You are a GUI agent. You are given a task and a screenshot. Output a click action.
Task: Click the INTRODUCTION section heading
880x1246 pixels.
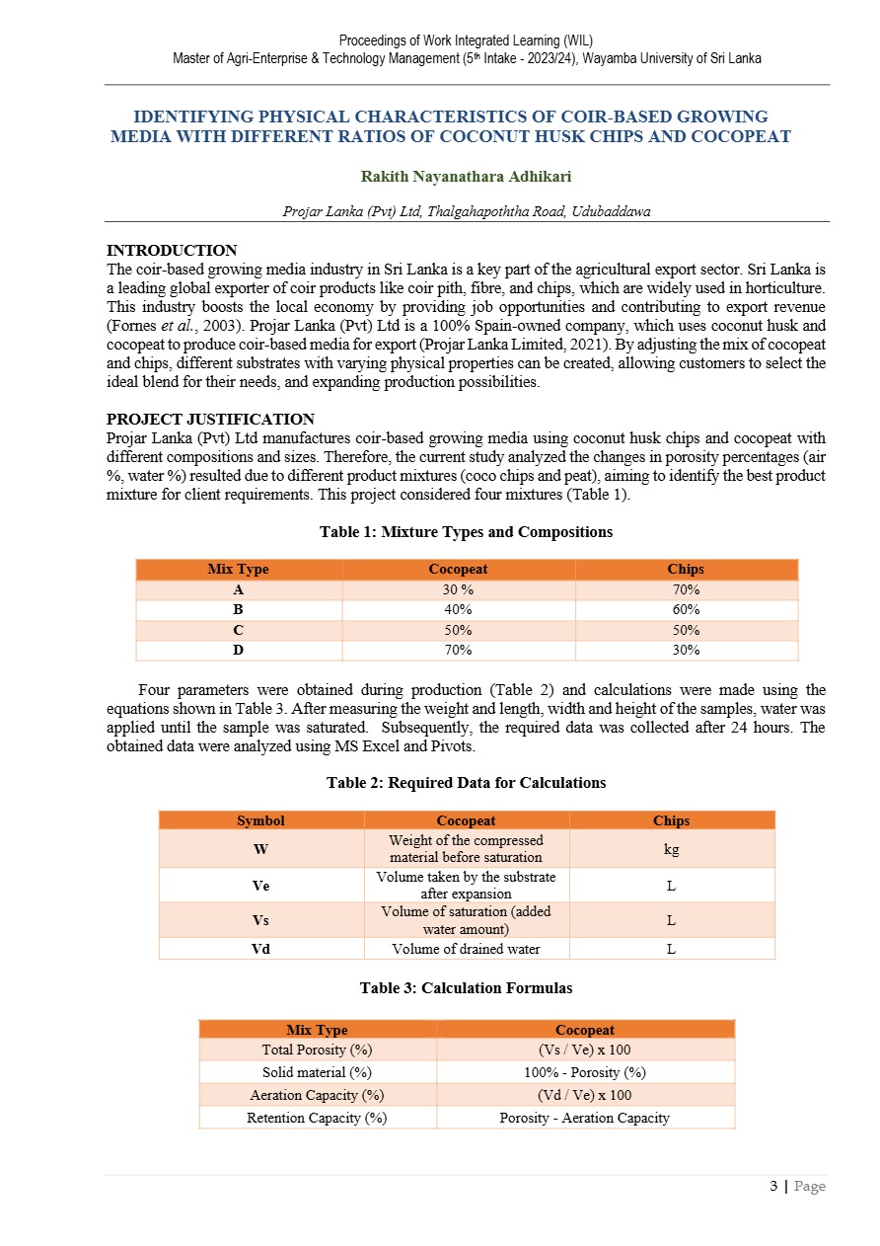coord(172,251)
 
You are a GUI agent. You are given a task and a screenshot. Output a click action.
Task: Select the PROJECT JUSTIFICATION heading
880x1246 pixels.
coord(210,420)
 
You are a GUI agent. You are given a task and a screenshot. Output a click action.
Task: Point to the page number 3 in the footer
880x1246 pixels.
coord(773,1186)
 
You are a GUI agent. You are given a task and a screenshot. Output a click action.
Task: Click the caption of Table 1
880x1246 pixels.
coord(466,532)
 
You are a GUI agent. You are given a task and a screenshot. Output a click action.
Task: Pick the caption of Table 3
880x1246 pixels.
coord(466,988)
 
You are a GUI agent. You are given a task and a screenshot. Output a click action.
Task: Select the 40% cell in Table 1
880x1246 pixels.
coord(458,610)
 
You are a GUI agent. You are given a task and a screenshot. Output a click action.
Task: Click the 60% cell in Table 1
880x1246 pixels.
coord(686,610)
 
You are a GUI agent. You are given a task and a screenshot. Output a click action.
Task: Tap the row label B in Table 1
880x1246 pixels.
coord(238,610)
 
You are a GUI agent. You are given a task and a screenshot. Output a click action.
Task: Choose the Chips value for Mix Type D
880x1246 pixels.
coord(686,650)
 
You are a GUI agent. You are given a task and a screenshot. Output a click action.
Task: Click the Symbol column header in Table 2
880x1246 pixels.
coord(260,820)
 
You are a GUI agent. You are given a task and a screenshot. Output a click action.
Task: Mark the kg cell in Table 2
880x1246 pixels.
coord(671,848)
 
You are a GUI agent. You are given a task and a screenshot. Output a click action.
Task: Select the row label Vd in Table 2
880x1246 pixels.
coord(260,949)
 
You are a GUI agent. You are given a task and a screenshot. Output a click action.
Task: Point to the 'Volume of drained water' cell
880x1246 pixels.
coord(466,949)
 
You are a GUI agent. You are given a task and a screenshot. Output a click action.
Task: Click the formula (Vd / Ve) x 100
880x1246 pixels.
coord(584,1095)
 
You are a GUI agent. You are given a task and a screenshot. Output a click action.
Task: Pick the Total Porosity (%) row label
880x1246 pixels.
coord(317,1050)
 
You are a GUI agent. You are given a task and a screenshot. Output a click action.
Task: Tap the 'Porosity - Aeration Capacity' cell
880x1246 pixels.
coord(584,1118)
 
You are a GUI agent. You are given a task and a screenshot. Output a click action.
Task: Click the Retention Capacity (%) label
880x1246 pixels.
coord(317,1118)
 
